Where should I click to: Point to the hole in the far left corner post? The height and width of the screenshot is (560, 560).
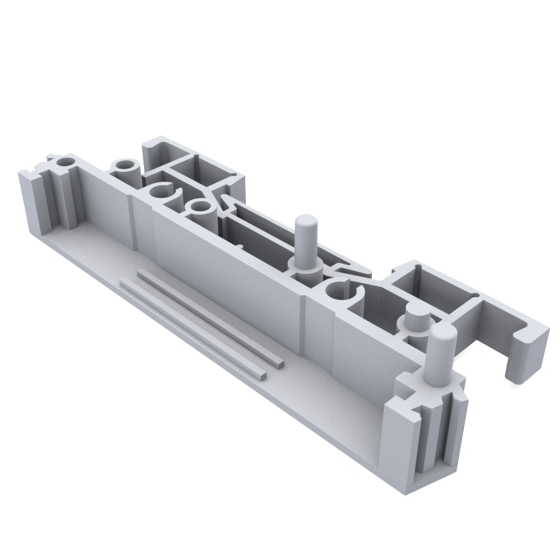67,162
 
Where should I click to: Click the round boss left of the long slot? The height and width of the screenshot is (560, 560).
199,208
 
